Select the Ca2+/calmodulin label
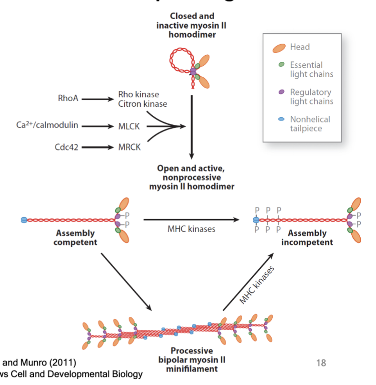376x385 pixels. coord(47,125)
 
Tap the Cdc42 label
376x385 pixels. coord(66,147)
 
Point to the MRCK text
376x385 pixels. coord(129,147)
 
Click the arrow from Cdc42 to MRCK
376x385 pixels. coord(99,147)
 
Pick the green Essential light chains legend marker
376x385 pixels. coord(281,64)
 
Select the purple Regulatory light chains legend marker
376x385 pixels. coord(281,91)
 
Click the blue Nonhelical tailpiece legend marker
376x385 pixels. coord(281,119)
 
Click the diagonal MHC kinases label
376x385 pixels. coord(257,285)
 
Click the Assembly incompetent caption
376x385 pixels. coord(307,238)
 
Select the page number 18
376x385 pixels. coord(321,364)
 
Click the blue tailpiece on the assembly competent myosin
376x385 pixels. coord(24,220)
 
